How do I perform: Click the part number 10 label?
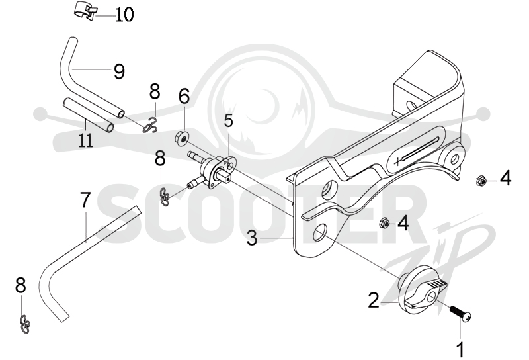[x=124, y=15]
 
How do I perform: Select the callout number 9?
[x=119, y=71]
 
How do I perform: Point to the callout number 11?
[x=86, y=140]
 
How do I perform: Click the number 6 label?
[x=184, y=96]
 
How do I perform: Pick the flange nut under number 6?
[x=182, y=138]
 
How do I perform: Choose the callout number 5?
[x=229, y=120]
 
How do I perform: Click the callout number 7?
[x=85, y=200]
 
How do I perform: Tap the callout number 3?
[x=252, y=238]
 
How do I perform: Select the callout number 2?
[x=374, y=300]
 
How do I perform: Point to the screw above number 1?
[x=460, y=312]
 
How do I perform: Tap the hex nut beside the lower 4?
[x=385, y=223]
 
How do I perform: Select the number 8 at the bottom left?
[x=20, y=286]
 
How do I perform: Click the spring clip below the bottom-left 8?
[x=25, y=324]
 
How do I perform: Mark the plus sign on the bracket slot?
[x=398, y=161]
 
